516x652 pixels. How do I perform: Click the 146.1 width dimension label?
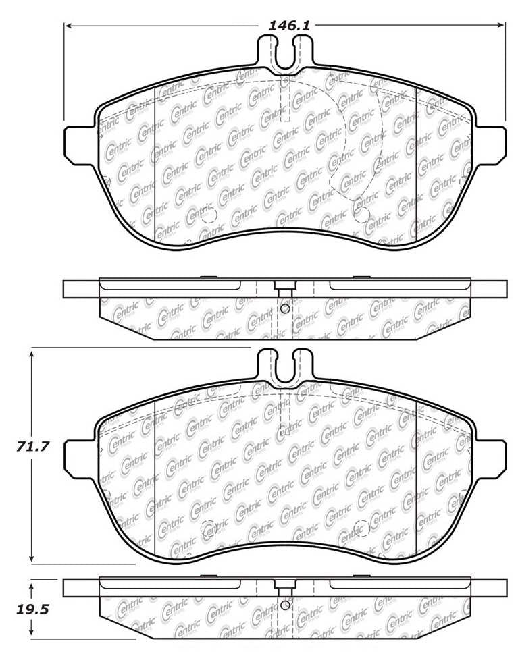289,26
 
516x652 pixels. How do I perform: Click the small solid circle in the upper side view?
284,309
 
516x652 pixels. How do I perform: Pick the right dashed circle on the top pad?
361,215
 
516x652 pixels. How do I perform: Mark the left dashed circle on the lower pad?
208,528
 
